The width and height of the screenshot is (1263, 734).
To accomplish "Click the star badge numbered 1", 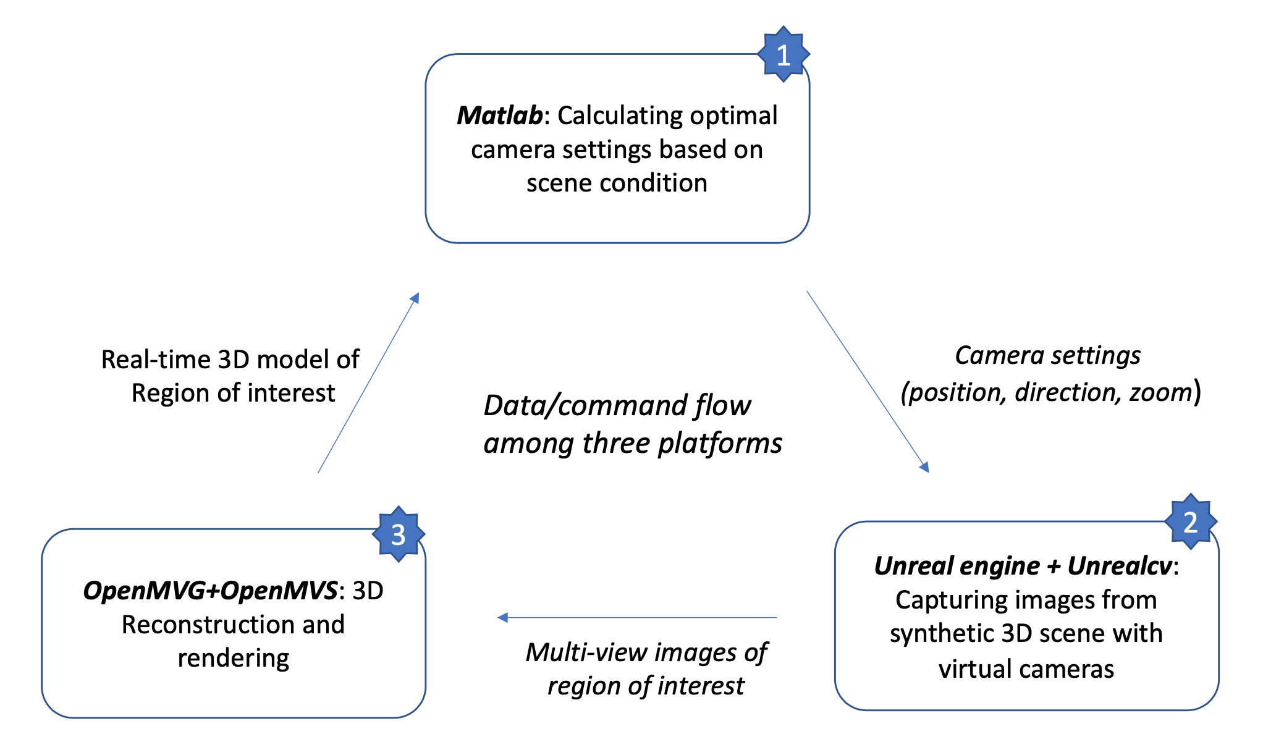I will click(783, 55).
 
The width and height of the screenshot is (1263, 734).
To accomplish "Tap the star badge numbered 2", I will click(1190, 523).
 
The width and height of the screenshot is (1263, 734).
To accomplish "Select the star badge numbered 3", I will click(399, 535).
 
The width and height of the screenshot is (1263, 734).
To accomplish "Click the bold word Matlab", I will click(499, 116).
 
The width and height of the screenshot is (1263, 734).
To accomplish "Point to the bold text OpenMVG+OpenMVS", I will click(211, 591).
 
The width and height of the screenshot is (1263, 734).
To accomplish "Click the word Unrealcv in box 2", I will click(1120, 566).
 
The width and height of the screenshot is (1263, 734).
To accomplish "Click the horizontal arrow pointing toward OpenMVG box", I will click(636, 617).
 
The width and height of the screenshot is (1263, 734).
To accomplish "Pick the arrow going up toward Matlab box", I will click(368, 383).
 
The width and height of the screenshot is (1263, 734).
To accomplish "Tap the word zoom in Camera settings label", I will click(1160, 393).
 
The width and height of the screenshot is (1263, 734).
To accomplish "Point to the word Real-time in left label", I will click(156, 360).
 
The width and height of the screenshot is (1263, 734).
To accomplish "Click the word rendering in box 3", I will click(234, 659).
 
